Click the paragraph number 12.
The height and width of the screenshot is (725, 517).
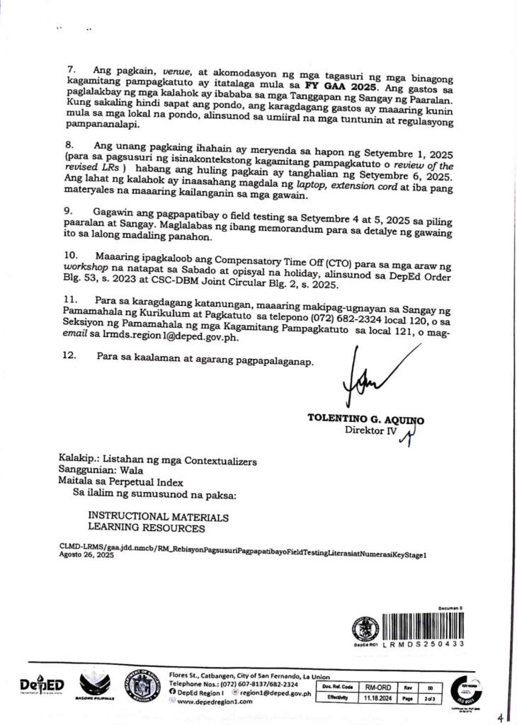pos(70,357)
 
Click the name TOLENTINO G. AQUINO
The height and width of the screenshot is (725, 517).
pos(365,420)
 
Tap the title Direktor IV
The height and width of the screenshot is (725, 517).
pos(368,430)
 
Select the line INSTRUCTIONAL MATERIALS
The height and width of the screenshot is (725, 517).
pos(158,518)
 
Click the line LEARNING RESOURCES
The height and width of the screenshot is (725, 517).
pos(147,528)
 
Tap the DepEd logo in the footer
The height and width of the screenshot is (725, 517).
pos(42,686)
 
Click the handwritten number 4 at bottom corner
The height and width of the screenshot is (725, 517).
pos(501,717)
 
